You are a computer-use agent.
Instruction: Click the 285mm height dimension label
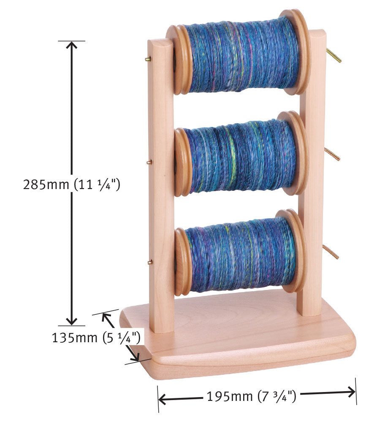tap(72, 185)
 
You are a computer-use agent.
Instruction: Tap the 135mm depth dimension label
tap(96, 338)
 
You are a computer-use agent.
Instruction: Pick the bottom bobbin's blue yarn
tap(239, 255)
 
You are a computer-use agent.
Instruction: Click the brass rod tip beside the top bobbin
tap(334, 56)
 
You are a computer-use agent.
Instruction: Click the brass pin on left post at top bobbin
tap(148, 60)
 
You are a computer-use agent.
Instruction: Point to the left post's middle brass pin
tap(148, 161)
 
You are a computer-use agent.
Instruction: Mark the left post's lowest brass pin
tap(149, 262)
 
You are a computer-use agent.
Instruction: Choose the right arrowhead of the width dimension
tap(351, 392)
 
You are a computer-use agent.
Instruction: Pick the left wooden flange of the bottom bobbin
tap(182, 262)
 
